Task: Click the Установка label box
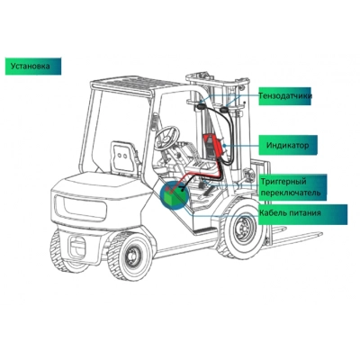33,67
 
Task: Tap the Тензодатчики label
284,96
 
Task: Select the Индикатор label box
288,145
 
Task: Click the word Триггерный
283,182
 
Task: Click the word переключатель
290,193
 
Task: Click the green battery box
173,195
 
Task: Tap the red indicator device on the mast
213,145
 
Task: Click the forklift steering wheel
166,137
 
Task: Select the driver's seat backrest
122,157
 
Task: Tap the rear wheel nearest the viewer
129,256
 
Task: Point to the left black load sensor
201,106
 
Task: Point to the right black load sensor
223,110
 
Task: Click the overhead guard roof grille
136,84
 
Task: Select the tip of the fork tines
320,233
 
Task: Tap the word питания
306,213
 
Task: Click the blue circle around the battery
175,195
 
